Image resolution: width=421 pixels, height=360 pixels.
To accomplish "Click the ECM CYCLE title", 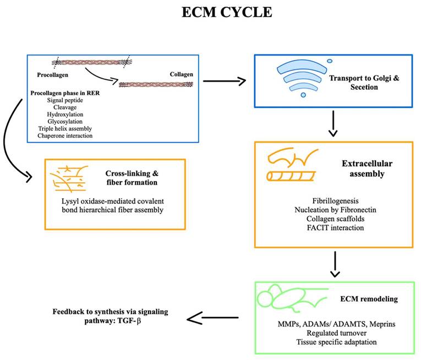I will click(227, 12).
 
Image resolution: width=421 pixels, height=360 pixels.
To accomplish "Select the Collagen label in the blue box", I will click(177, 73).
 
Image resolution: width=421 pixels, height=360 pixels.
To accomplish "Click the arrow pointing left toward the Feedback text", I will click(212, 318).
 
